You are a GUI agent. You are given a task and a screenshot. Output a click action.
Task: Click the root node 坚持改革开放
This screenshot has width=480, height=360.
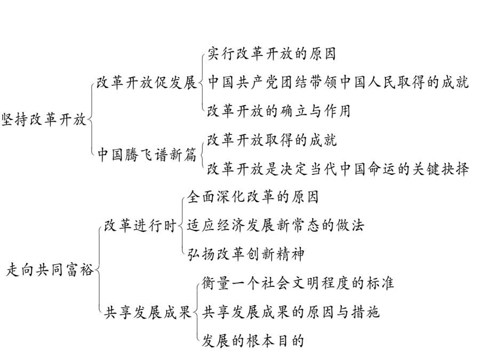pos(44,119)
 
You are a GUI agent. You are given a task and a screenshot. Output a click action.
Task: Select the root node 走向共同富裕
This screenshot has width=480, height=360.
pos(50,270)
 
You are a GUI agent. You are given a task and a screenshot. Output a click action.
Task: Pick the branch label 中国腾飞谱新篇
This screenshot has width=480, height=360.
pos(147,155)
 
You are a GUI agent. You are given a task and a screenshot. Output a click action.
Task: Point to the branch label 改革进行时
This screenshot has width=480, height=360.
pos(140,226)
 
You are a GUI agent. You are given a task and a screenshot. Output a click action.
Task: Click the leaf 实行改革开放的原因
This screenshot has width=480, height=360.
pos(272,54)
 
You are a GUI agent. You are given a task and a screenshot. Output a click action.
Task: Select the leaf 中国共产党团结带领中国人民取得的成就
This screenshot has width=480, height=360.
pos(338,82)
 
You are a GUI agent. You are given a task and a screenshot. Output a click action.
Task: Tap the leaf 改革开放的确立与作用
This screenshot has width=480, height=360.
pos(279,111)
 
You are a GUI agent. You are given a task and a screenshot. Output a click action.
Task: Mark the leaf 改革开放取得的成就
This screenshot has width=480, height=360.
pos(272,140)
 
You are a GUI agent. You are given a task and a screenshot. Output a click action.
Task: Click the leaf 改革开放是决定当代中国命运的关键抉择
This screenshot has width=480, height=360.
pos(338,169)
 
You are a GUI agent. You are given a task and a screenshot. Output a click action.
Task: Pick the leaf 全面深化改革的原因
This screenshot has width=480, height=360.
pos(253,197)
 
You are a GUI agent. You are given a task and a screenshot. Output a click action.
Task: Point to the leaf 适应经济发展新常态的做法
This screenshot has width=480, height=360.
pos(276,226)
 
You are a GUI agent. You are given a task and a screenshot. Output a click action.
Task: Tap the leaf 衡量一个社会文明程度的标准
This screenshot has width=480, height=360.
pos(298,284)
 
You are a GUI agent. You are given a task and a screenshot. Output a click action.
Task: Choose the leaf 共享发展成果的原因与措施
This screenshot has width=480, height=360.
pos(291,313)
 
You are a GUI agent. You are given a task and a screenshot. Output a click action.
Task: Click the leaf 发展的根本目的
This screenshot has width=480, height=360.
pos(253,341)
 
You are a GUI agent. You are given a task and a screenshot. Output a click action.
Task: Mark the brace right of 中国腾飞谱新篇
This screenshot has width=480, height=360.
pos(202,155)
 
